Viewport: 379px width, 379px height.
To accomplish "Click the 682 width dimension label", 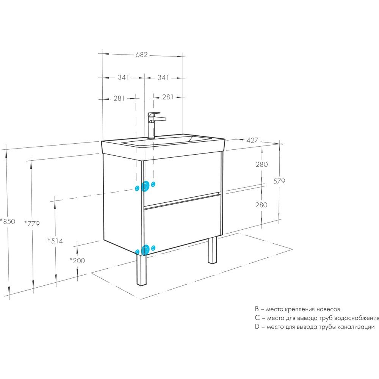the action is (x=141, y=55).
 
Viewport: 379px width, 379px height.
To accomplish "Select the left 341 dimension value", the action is (x=124, y=77).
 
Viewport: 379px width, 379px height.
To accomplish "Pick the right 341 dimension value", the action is (x=163, y=77).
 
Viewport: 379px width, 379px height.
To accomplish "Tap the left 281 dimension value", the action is (x=119, y=99).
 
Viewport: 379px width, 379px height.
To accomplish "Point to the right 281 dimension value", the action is (x=168, y=97).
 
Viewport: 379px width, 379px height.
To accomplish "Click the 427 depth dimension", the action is (x=252, y=140).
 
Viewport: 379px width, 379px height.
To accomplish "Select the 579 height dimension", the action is (x=279, y=181).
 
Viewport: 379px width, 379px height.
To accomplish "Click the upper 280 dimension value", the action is (x=262, y=164).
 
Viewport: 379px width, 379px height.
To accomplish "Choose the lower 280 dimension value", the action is (x=261, y=205).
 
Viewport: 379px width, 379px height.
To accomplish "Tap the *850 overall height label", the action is (x=8, y=221).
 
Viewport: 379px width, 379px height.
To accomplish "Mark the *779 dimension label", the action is (x=32, y=224).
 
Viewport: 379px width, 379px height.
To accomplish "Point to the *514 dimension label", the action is (x=55, y=241).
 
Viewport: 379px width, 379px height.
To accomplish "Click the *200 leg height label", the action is (x=77, y=260).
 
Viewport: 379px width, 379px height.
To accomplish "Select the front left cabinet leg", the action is (x=141, y=269).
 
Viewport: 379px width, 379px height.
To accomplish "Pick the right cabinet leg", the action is (x=212, y=250).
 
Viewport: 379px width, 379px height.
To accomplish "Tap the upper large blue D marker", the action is (x=145, y=186).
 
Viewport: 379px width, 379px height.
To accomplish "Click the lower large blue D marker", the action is (x=145, y=250).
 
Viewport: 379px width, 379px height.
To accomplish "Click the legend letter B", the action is (x=257, y=309).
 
